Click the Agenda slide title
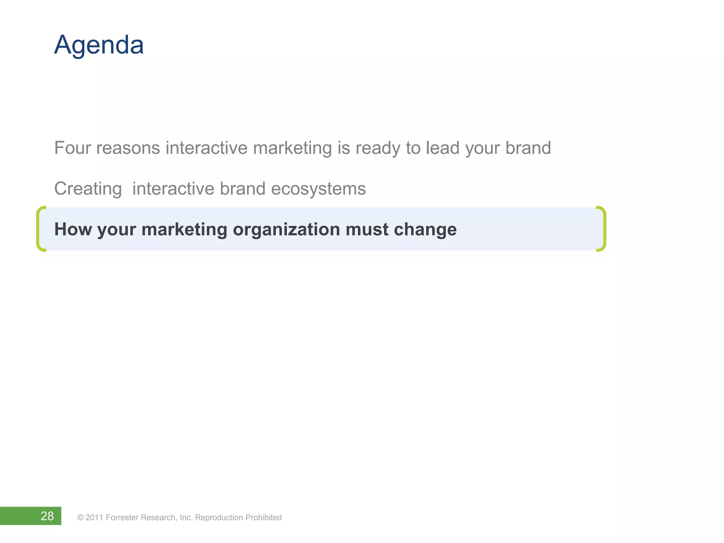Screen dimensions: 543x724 [99, 45]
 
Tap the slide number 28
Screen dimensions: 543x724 [47, 516]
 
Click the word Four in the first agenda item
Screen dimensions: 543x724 [72, 148]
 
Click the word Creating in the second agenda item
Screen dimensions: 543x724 [88, 189]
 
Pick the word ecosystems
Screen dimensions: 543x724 [318, 189]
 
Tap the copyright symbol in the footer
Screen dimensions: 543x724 [80, 518]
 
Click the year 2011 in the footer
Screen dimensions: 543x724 [94, 518]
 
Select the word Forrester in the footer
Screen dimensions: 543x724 [122, 518]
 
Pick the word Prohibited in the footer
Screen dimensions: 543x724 [263, 518]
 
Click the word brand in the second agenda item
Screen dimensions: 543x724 [243, 189]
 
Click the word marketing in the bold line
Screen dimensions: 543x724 [184, 230]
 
